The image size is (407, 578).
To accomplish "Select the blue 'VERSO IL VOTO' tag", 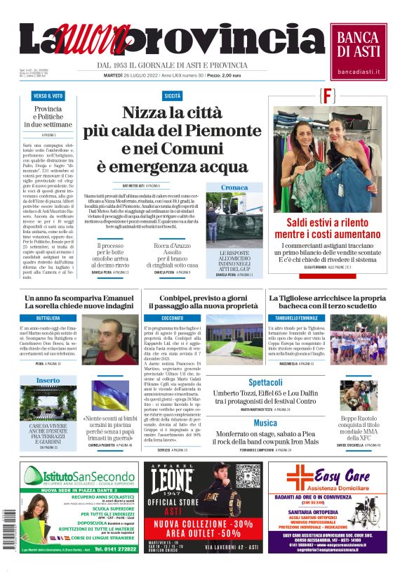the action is click(48, 96).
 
